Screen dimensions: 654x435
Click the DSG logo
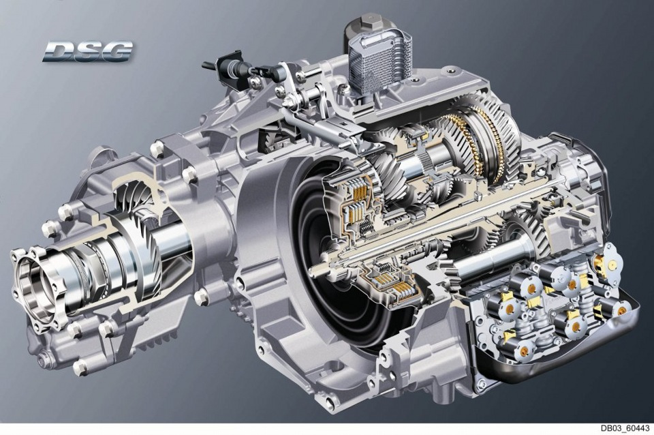click(88, 52)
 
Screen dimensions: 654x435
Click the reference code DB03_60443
click(625, 429)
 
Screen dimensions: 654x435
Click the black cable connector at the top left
click(228, 67)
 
